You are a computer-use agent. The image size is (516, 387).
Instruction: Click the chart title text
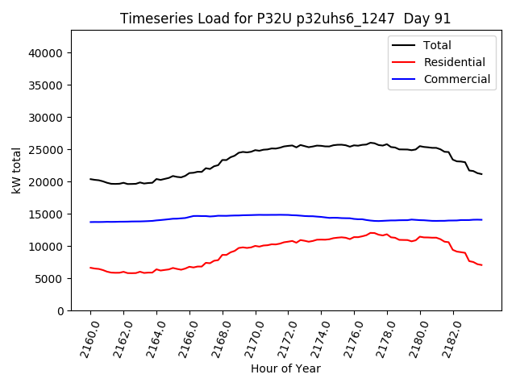(x=285, y=19)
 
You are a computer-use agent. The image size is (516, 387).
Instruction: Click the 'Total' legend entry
(x=437, y=45)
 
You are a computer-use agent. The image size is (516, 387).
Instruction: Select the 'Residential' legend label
(x=454, y=62)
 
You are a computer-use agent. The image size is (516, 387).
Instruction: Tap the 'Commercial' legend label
(x=456, y=79)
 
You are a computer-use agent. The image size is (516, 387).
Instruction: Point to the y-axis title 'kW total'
(x=17, y=170)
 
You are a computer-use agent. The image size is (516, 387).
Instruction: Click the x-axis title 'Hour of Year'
(x=285, y=368)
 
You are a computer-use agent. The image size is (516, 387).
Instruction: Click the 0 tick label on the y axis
(x=60, y=311)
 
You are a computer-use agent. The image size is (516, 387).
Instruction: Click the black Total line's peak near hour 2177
(x=371, y=143)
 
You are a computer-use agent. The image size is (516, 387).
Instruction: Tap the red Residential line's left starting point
(x=90, y=268)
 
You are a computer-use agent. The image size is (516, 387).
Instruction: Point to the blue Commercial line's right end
(x=481, y=219)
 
